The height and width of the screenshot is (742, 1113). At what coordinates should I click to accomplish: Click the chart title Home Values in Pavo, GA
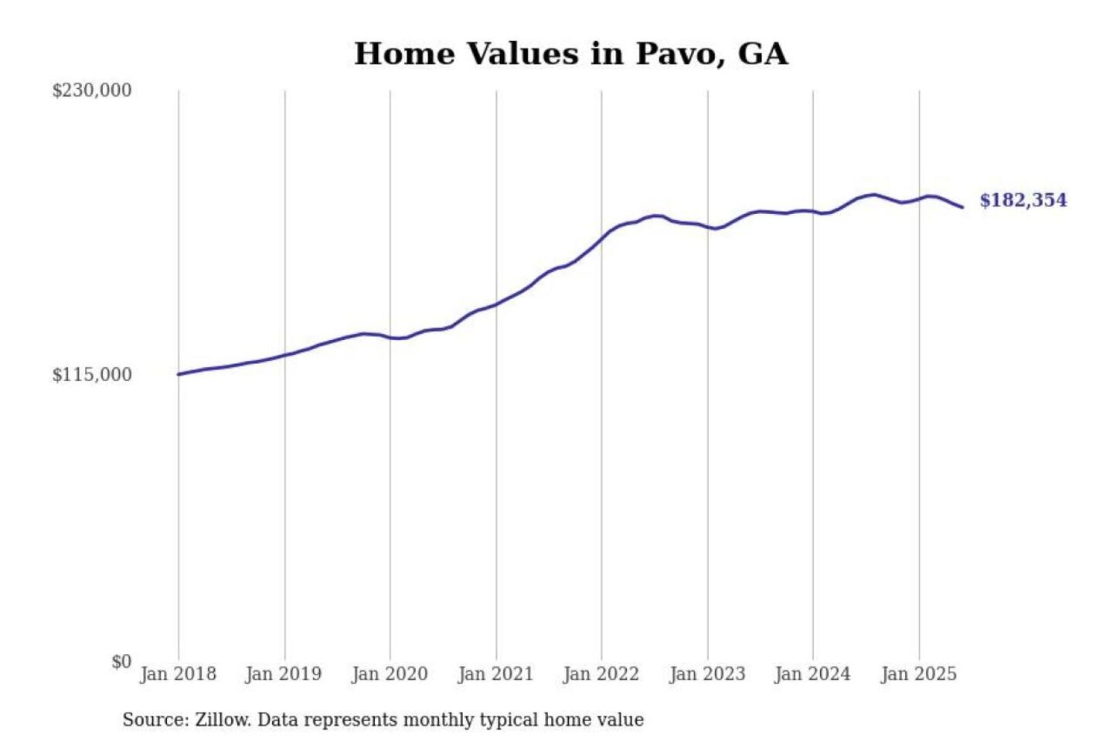pos(570,54)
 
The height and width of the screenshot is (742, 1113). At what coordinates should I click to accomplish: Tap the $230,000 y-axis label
pos(91,90)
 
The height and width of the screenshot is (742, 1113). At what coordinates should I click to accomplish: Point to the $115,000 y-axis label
pos(91,375)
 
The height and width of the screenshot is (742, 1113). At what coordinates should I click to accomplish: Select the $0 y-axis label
pos(121,662)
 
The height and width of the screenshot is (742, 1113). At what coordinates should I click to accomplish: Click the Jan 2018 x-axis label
pos(178,674)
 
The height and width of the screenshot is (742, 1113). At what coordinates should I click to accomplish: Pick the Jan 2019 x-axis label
pos(284,674)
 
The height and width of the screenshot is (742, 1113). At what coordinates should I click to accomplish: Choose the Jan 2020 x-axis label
pos(390,674)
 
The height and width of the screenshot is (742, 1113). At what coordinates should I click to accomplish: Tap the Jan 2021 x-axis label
pos(495,674)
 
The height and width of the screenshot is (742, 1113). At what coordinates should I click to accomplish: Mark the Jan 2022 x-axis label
pos(601,674)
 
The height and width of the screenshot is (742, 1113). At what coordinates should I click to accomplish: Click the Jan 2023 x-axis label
pos(707,674)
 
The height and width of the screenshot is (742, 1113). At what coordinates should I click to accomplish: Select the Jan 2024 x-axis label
pos(812,674)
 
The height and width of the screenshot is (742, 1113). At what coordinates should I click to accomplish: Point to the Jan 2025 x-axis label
pos(919,674)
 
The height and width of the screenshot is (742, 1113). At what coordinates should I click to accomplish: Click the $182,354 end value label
pos(1023,200)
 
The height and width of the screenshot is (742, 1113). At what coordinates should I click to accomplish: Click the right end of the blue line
pos(962,207)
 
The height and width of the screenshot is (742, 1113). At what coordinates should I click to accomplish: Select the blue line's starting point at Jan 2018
pos(179,374)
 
